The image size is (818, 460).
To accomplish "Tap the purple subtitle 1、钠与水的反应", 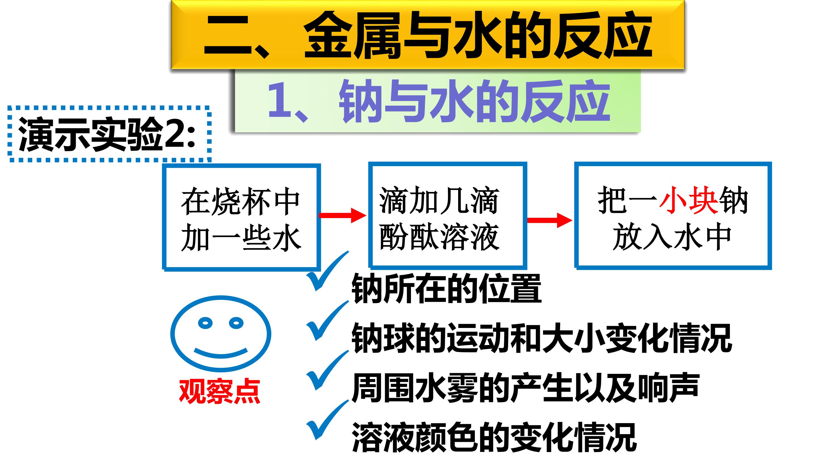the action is [439, 101].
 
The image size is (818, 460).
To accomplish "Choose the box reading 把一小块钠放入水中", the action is [673, 216].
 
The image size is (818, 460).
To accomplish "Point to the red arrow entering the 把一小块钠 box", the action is [550, 220].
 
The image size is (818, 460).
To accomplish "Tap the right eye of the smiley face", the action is [236, 323].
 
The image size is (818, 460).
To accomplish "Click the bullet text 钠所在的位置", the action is [446, 288].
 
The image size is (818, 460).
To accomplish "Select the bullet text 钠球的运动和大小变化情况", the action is [542, 338].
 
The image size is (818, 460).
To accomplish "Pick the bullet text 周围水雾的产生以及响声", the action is [525, 388].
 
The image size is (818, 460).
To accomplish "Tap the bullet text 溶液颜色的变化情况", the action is [494, 437].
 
